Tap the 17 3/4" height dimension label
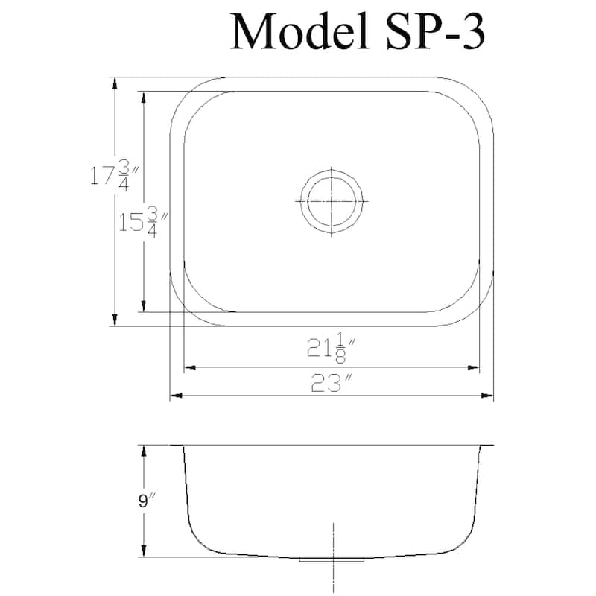pyautogui.click(x=114, y=177)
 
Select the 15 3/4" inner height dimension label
pyautogui.click(x=142, y=222)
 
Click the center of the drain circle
pyautogui.click(x=331, y=202)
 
